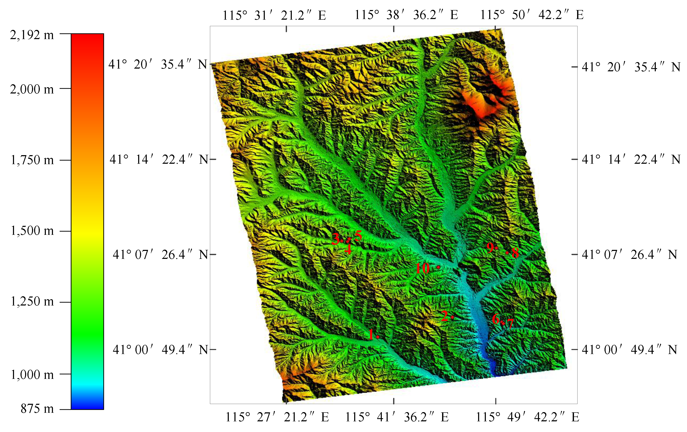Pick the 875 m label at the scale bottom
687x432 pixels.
point(37,409)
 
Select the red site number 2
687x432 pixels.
point(444,316)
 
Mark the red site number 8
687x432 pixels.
point(515,253)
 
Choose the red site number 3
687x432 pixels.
point(336,239)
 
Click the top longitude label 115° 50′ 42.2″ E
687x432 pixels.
point(532,15)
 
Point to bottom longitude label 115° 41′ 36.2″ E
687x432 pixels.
point(397,417)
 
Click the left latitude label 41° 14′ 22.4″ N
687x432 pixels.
point(159,160)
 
